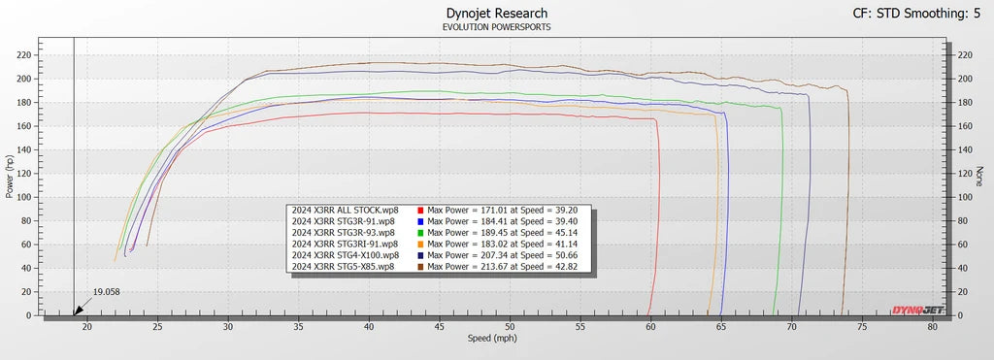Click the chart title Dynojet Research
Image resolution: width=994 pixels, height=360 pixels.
496,14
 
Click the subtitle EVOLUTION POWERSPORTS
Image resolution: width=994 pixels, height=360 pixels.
496,27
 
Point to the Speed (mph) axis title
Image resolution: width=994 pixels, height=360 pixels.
492,339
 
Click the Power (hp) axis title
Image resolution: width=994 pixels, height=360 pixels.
10,177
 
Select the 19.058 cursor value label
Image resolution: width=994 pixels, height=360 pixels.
107,292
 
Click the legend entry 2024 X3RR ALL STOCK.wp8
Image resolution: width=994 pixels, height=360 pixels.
345,210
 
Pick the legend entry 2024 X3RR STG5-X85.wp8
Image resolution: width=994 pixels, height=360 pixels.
343,267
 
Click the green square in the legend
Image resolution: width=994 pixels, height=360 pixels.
420,233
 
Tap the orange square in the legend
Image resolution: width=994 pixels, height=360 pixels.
420,244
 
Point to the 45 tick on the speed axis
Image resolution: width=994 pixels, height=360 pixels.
439,326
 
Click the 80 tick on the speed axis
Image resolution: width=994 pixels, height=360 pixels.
932,326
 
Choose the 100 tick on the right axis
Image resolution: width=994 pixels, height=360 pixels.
964,197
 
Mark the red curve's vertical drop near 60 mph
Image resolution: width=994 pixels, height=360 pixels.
657,216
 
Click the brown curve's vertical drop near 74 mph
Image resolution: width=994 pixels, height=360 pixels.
846,203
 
